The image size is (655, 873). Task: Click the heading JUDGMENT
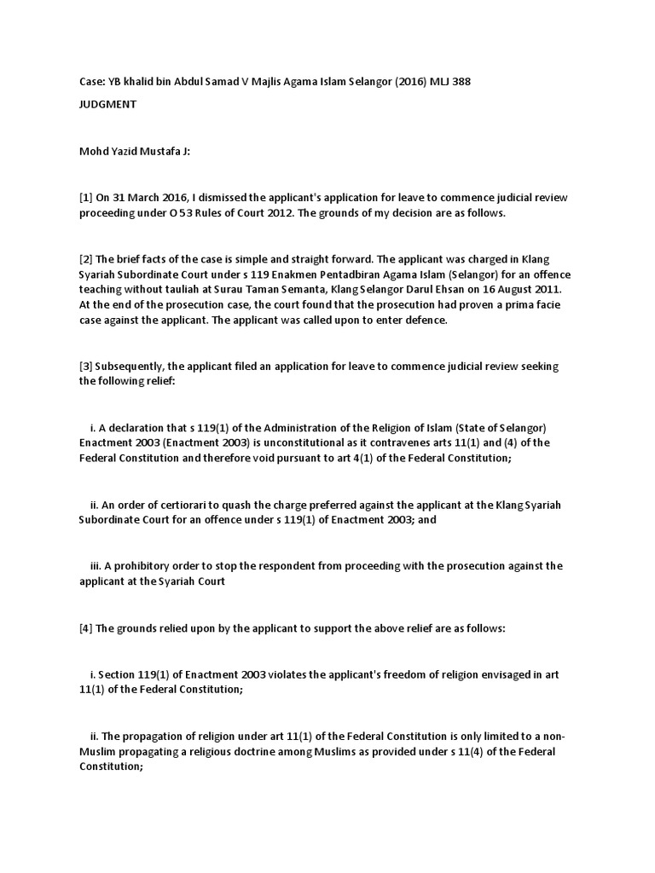107,105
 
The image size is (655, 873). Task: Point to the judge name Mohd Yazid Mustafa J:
135,151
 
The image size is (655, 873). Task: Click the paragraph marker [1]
86,198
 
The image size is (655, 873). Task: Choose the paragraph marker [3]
86,367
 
